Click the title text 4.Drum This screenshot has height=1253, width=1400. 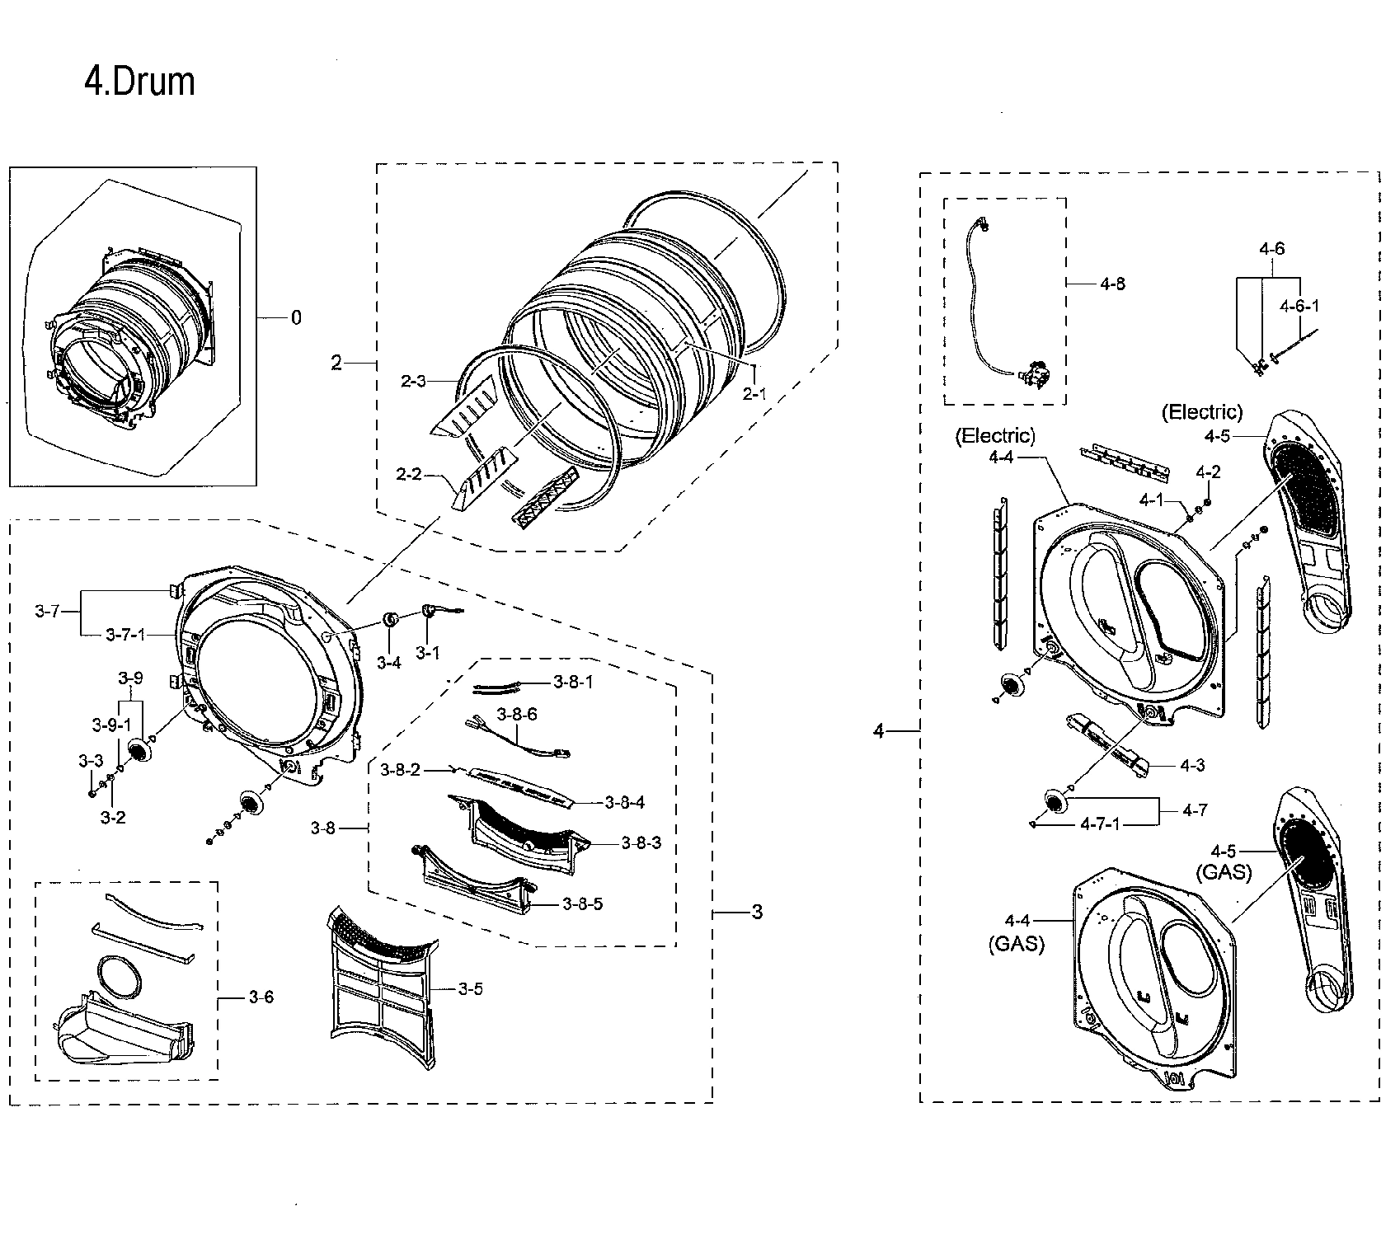tap(139, 82)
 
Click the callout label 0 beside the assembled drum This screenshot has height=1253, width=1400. tap(296, 317)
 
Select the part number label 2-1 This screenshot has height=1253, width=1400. tap(754, 394)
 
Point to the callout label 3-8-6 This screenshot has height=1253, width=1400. tap(516, 714)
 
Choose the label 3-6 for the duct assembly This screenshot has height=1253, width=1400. tap(261, 997)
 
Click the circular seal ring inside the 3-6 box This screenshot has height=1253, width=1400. tap(119, 976)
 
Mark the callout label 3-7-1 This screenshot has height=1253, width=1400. tap(125, 635)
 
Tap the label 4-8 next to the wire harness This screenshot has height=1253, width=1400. tap(1112, 284)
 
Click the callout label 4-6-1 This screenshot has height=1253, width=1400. tap(1299, 306)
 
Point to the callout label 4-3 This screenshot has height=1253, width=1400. tap(1192, 765)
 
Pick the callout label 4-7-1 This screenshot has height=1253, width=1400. tap(1101, 824)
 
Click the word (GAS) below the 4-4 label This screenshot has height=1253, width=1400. tap(1017, 944)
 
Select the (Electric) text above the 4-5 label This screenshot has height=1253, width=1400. tap(1201, 411)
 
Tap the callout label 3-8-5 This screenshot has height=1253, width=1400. tap(582, 903)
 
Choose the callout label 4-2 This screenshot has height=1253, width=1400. tap(1208, 472)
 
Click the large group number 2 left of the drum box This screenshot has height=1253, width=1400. tap(336, 363)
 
